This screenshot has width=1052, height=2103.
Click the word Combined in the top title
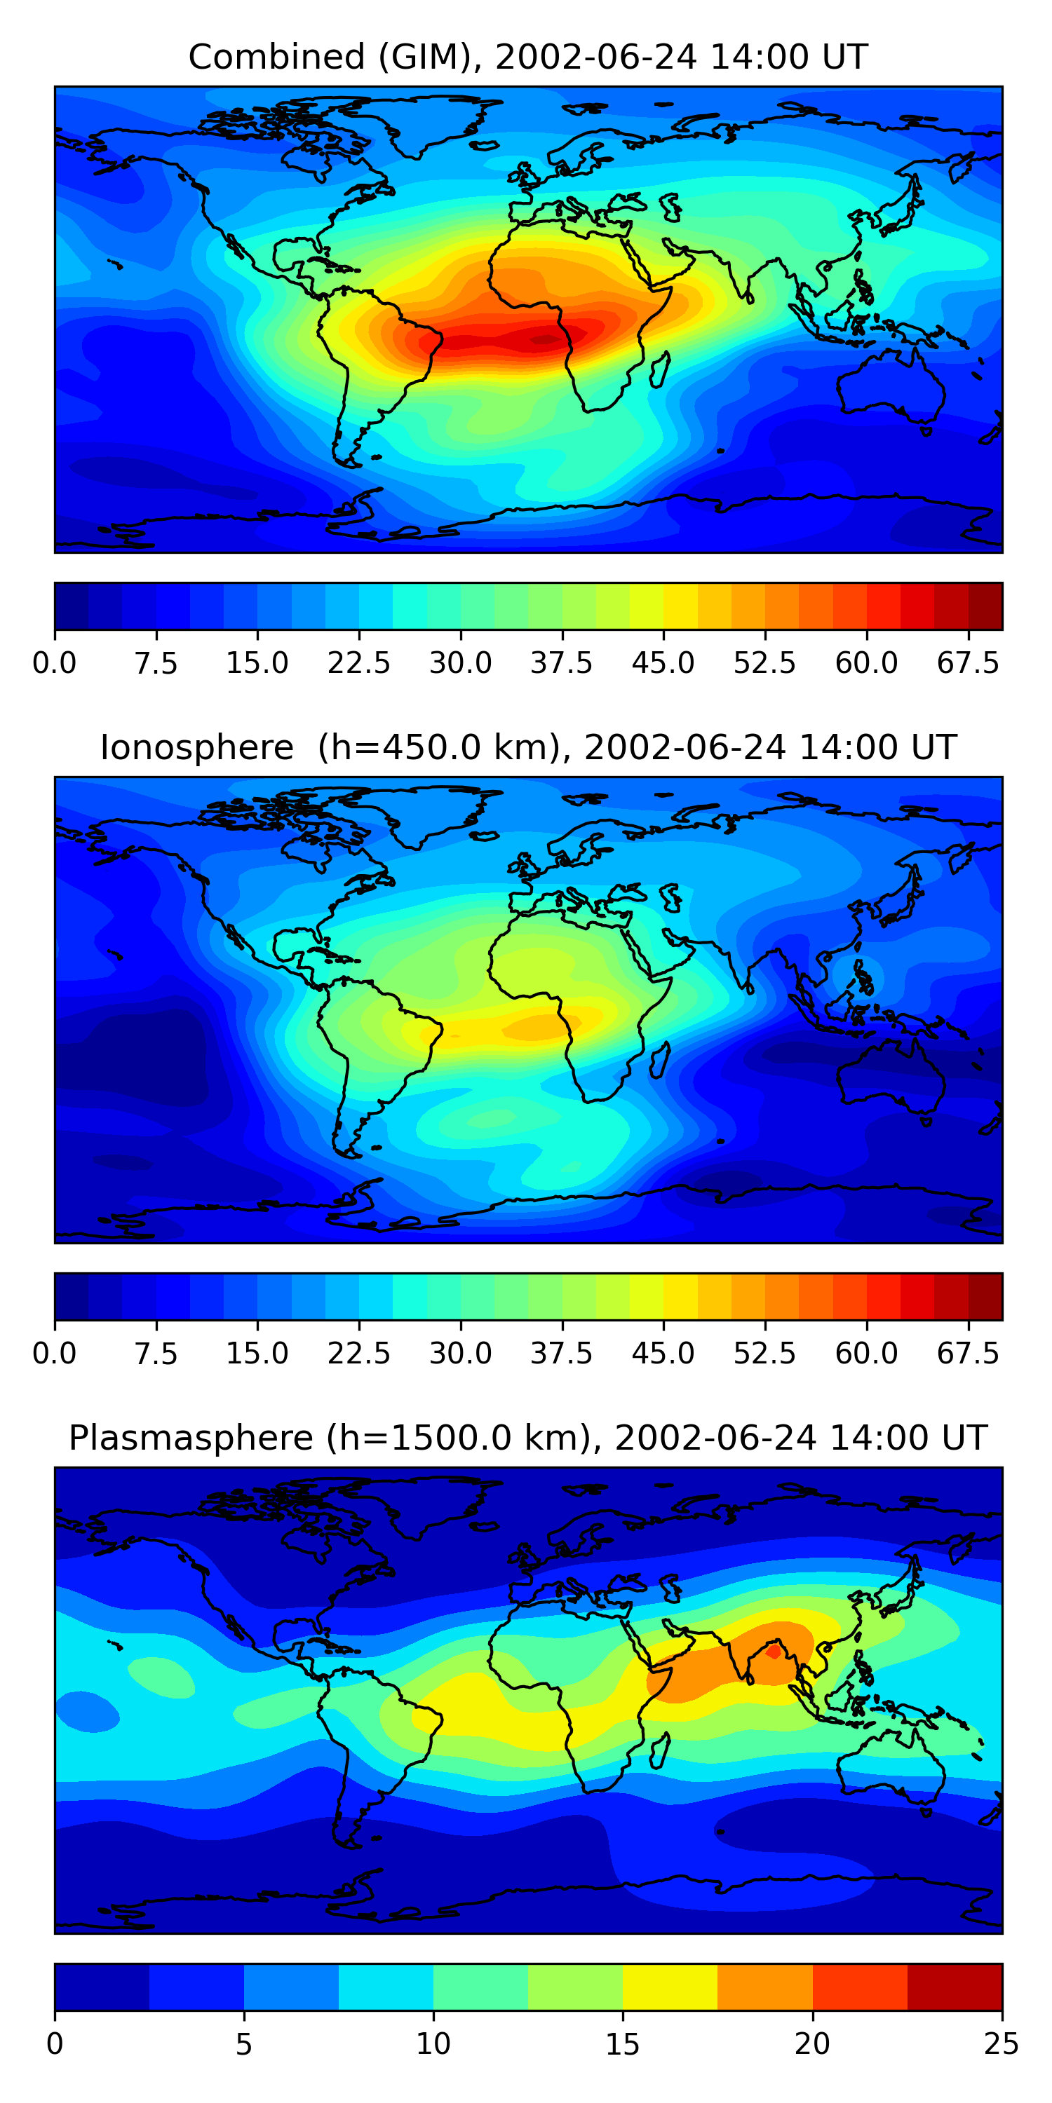(276, 57)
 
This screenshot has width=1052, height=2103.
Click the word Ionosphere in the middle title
(196, 748)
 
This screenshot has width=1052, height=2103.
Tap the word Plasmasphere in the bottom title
(190, 1438)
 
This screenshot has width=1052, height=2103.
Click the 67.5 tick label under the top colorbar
(968, 663)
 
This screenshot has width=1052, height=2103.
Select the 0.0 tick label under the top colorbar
(55, 663)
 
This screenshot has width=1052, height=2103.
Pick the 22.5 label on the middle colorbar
(358, 1354)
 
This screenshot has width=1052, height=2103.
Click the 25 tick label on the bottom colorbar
(1001, 2044)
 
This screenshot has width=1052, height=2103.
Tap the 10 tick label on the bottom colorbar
(433, 2044)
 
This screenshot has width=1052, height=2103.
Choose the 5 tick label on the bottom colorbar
(243, 2044)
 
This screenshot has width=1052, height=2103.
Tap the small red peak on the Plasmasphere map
(773, 1652)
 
